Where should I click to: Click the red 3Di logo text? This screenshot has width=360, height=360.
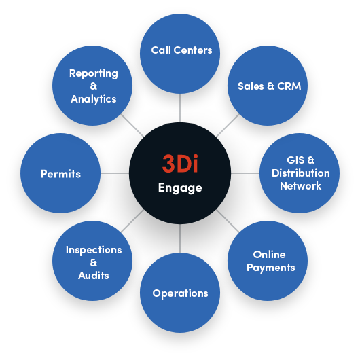pos(180,163)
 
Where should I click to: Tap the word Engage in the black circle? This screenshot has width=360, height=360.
pos(180,188)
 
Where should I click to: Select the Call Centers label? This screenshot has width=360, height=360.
pos(181,50)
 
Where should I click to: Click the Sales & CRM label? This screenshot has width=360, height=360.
pos(269,86)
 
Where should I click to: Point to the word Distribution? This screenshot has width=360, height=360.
pos(300,173)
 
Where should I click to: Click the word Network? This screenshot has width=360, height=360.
pos(300,185)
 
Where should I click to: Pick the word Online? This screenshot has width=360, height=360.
pos(269,255)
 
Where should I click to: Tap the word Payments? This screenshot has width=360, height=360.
pos(271,268)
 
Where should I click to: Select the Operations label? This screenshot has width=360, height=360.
pos(180,293)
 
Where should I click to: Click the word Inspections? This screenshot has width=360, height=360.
pos(94,250)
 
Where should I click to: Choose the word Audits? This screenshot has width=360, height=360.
pos(94,276)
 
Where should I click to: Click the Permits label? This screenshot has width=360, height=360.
pos(60,174)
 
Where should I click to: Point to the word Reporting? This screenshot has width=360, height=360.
pos(94,74)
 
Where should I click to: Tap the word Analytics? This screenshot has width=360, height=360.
pos(94,99)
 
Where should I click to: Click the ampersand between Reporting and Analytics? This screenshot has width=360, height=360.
pos(94,86)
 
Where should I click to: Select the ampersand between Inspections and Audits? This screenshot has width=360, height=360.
pos(94,263)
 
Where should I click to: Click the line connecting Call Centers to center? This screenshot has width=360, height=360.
pos(180,108)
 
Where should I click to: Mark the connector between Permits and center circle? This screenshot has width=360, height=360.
pos(115,173)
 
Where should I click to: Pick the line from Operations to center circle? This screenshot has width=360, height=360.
pos(180,238)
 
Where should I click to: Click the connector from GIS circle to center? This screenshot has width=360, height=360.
pos(245,173)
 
